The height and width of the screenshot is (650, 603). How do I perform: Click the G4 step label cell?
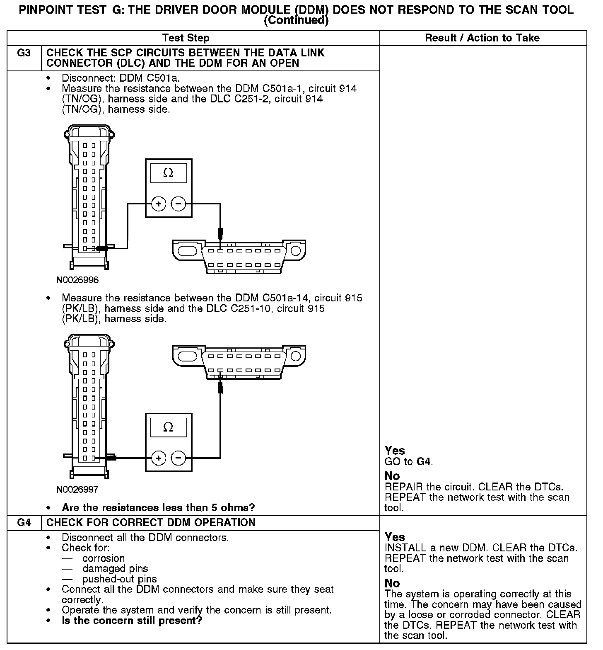click(x=24, y=522)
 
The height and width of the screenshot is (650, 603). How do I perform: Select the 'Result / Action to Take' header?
click(x=482, y=38)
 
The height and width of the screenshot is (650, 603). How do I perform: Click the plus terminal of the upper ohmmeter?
click(x=159, y=204)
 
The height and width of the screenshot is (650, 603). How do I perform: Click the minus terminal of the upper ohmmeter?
click(x=178, y=204)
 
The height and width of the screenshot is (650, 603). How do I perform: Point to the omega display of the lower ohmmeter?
click(x=168, y=427)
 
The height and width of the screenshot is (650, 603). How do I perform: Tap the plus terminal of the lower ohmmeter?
click(x=159, y=458)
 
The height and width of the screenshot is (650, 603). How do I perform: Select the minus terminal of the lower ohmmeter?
click(x=178, y=458)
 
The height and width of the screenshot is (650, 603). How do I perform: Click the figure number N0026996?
click(x=77, y=280)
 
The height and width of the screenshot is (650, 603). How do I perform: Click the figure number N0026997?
click(x=77, y=490)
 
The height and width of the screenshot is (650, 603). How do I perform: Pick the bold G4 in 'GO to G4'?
click(x=424, y=461)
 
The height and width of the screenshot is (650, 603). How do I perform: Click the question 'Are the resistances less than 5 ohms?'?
click(x=158, y=507)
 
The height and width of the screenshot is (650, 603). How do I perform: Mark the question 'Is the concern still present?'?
click(x=132, y=621)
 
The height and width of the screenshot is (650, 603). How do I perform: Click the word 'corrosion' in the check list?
click(x=104, y=558)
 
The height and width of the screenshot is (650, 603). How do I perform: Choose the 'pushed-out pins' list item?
click(x=119, y=579)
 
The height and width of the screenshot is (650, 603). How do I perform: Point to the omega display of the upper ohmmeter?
click(x=168, y=173)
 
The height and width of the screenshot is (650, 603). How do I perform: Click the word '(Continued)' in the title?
click(x=296, y=20)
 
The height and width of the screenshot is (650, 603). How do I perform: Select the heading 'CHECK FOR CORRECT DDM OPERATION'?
click(x=151, y=522)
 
